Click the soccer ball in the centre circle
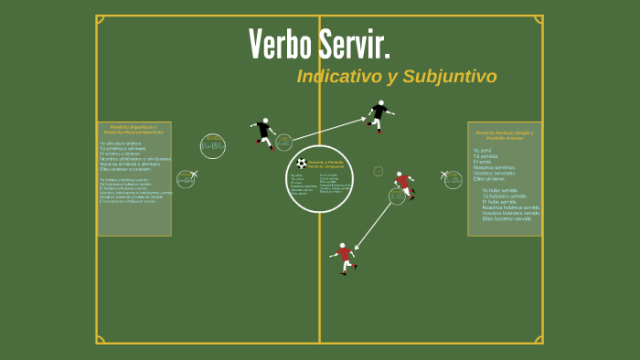[302, 164]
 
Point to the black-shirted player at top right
[379, 115]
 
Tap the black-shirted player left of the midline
[264, 132]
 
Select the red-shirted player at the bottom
[345, 257]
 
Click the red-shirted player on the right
[403, 183]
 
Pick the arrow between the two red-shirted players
[374, 225]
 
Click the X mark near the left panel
[193, 174]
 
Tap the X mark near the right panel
[444, 174]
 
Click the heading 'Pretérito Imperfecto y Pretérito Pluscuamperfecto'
[133, 130]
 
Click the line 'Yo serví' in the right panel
[483, 150]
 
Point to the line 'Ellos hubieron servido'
[507, 218]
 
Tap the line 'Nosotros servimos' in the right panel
[494, 167]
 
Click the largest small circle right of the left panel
[213, 146]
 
